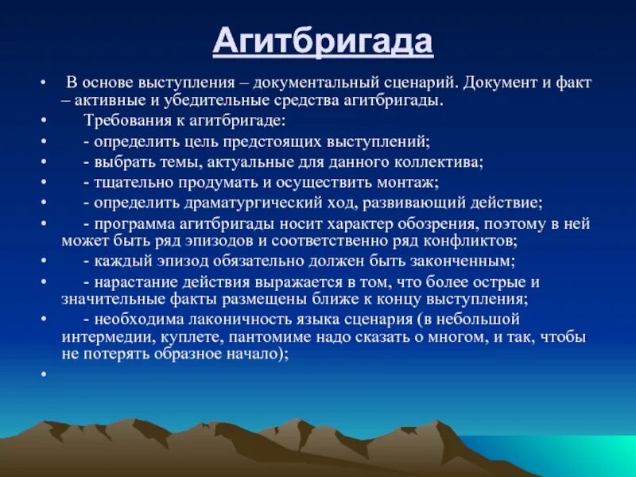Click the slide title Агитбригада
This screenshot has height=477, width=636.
click(323, 42)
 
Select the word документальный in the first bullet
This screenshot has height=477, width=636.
click(316, 83)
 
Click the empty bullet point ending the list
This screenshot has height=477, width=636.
click(44, 374)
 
